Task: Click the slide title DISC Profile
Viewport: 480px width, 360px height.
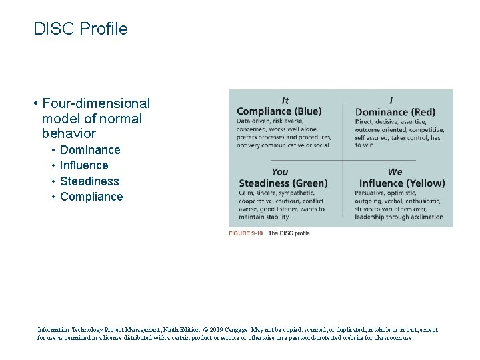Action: click(80, 29)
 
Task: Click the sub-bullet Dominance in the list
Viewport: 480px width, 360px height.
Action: click(90, 150)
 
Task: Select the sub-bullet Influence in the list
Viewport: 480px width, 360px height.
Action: click(84, 165)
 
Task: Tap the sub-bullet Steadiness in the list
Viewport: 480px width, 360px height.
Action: click(89, 181)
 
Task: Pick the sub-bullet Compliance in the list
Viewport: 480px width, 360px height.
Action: click(91, 197)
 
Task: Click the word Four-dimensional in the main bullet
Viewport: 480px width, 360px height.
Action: click(95, 103)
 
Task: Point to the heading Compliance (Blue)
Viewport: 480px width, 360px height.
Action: click(279, 111)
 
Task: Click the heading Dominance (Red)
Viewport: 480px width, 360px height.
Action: click(395, 112)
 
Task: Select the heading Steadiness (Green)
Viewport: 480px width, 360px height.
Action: click(283, 183)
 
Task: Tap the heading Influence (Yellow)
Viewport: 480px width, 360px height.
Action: click(401, 183)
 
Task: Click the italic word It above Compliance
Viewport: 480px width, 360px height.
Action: click(285, 101)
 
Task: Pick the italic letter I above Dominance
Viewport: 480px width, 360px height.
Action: click(391, 101)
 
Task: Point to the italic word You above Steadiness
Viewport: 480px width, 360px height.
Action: click(280, 172)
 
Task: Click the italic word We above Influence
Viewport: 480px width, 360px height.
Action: click(395, 172)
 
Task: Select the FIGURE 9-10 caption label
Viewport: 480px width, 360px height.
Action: click(246, 233)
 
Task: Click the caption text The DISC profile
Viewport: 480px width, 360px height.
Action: click(289, 233)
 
